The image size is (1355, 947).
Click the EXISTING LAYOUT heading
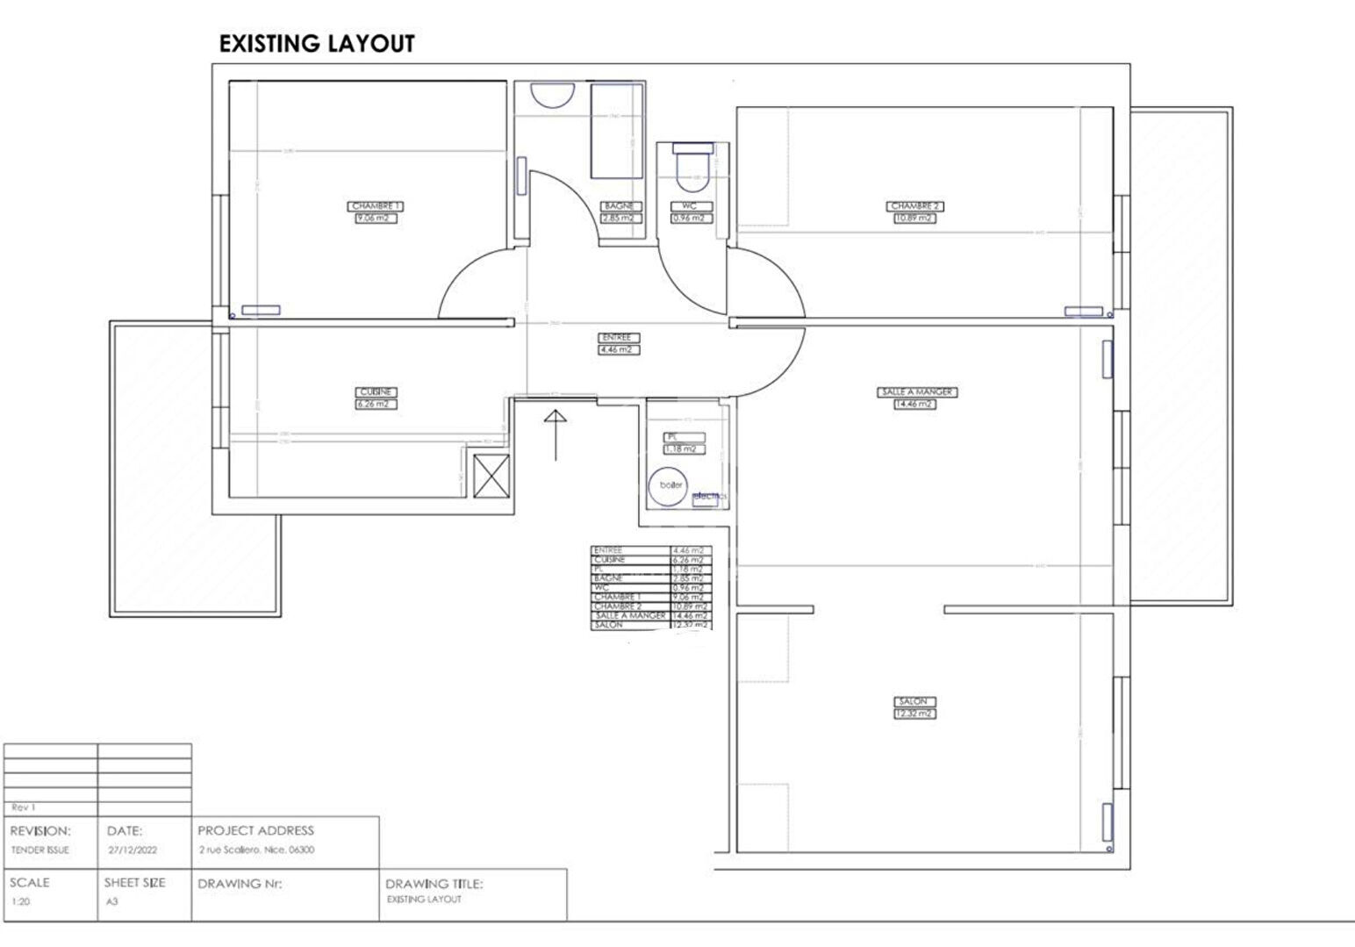coord(316,44)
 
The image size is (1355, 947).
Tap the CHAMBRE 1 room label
coord(376,206)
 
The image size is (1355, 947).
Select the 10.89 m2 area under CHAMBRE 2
coord(914,218)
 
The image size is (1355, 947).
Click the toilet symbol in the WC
coord(692,169)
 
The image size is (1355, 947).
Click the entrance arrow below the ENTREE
coord(555,434)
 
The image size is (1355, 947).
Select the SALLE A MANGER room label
coord(916,392)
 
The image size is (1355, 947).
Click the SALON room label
coord(914,702)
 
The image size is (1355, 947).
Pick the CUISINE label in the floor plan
coord(376,392)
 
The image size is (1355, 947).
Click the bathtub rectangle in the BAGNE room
coord(617,131)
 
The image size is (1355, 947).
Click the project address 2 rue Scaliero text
coord(256,850)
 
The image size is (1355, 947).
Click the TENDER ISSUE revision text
coord(39,850)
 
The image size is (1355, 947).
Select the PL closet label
coord(672,437)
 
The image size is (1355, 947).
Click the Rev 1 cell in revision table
coord(24,807)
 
